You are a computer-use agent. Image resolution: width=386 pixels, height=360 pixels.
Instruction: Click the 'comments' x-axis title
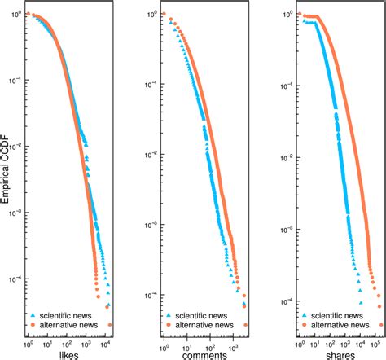196,353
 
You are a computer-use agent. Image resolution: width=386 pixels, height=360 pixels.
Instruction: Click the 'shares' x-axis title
329,353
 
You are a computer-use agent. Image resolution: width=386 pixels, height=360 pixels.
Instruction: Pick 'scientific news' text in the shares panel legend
336,314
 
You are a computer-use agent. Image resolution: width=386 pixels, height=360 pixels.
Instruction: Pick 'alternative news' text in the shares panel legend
338,324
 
